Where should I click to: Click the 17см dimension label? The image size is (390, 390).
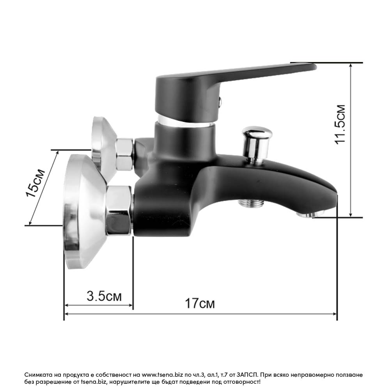point(200,303)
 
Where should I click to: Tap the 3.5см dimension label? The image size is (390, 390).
point(104,296)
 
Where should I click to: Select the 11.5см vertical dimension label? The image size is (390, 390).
point(340,125)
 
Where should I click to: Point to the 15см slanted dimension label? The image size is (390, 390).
point(35,183)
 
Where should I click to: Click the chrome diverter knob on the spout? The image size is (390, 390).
point(257,144)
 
